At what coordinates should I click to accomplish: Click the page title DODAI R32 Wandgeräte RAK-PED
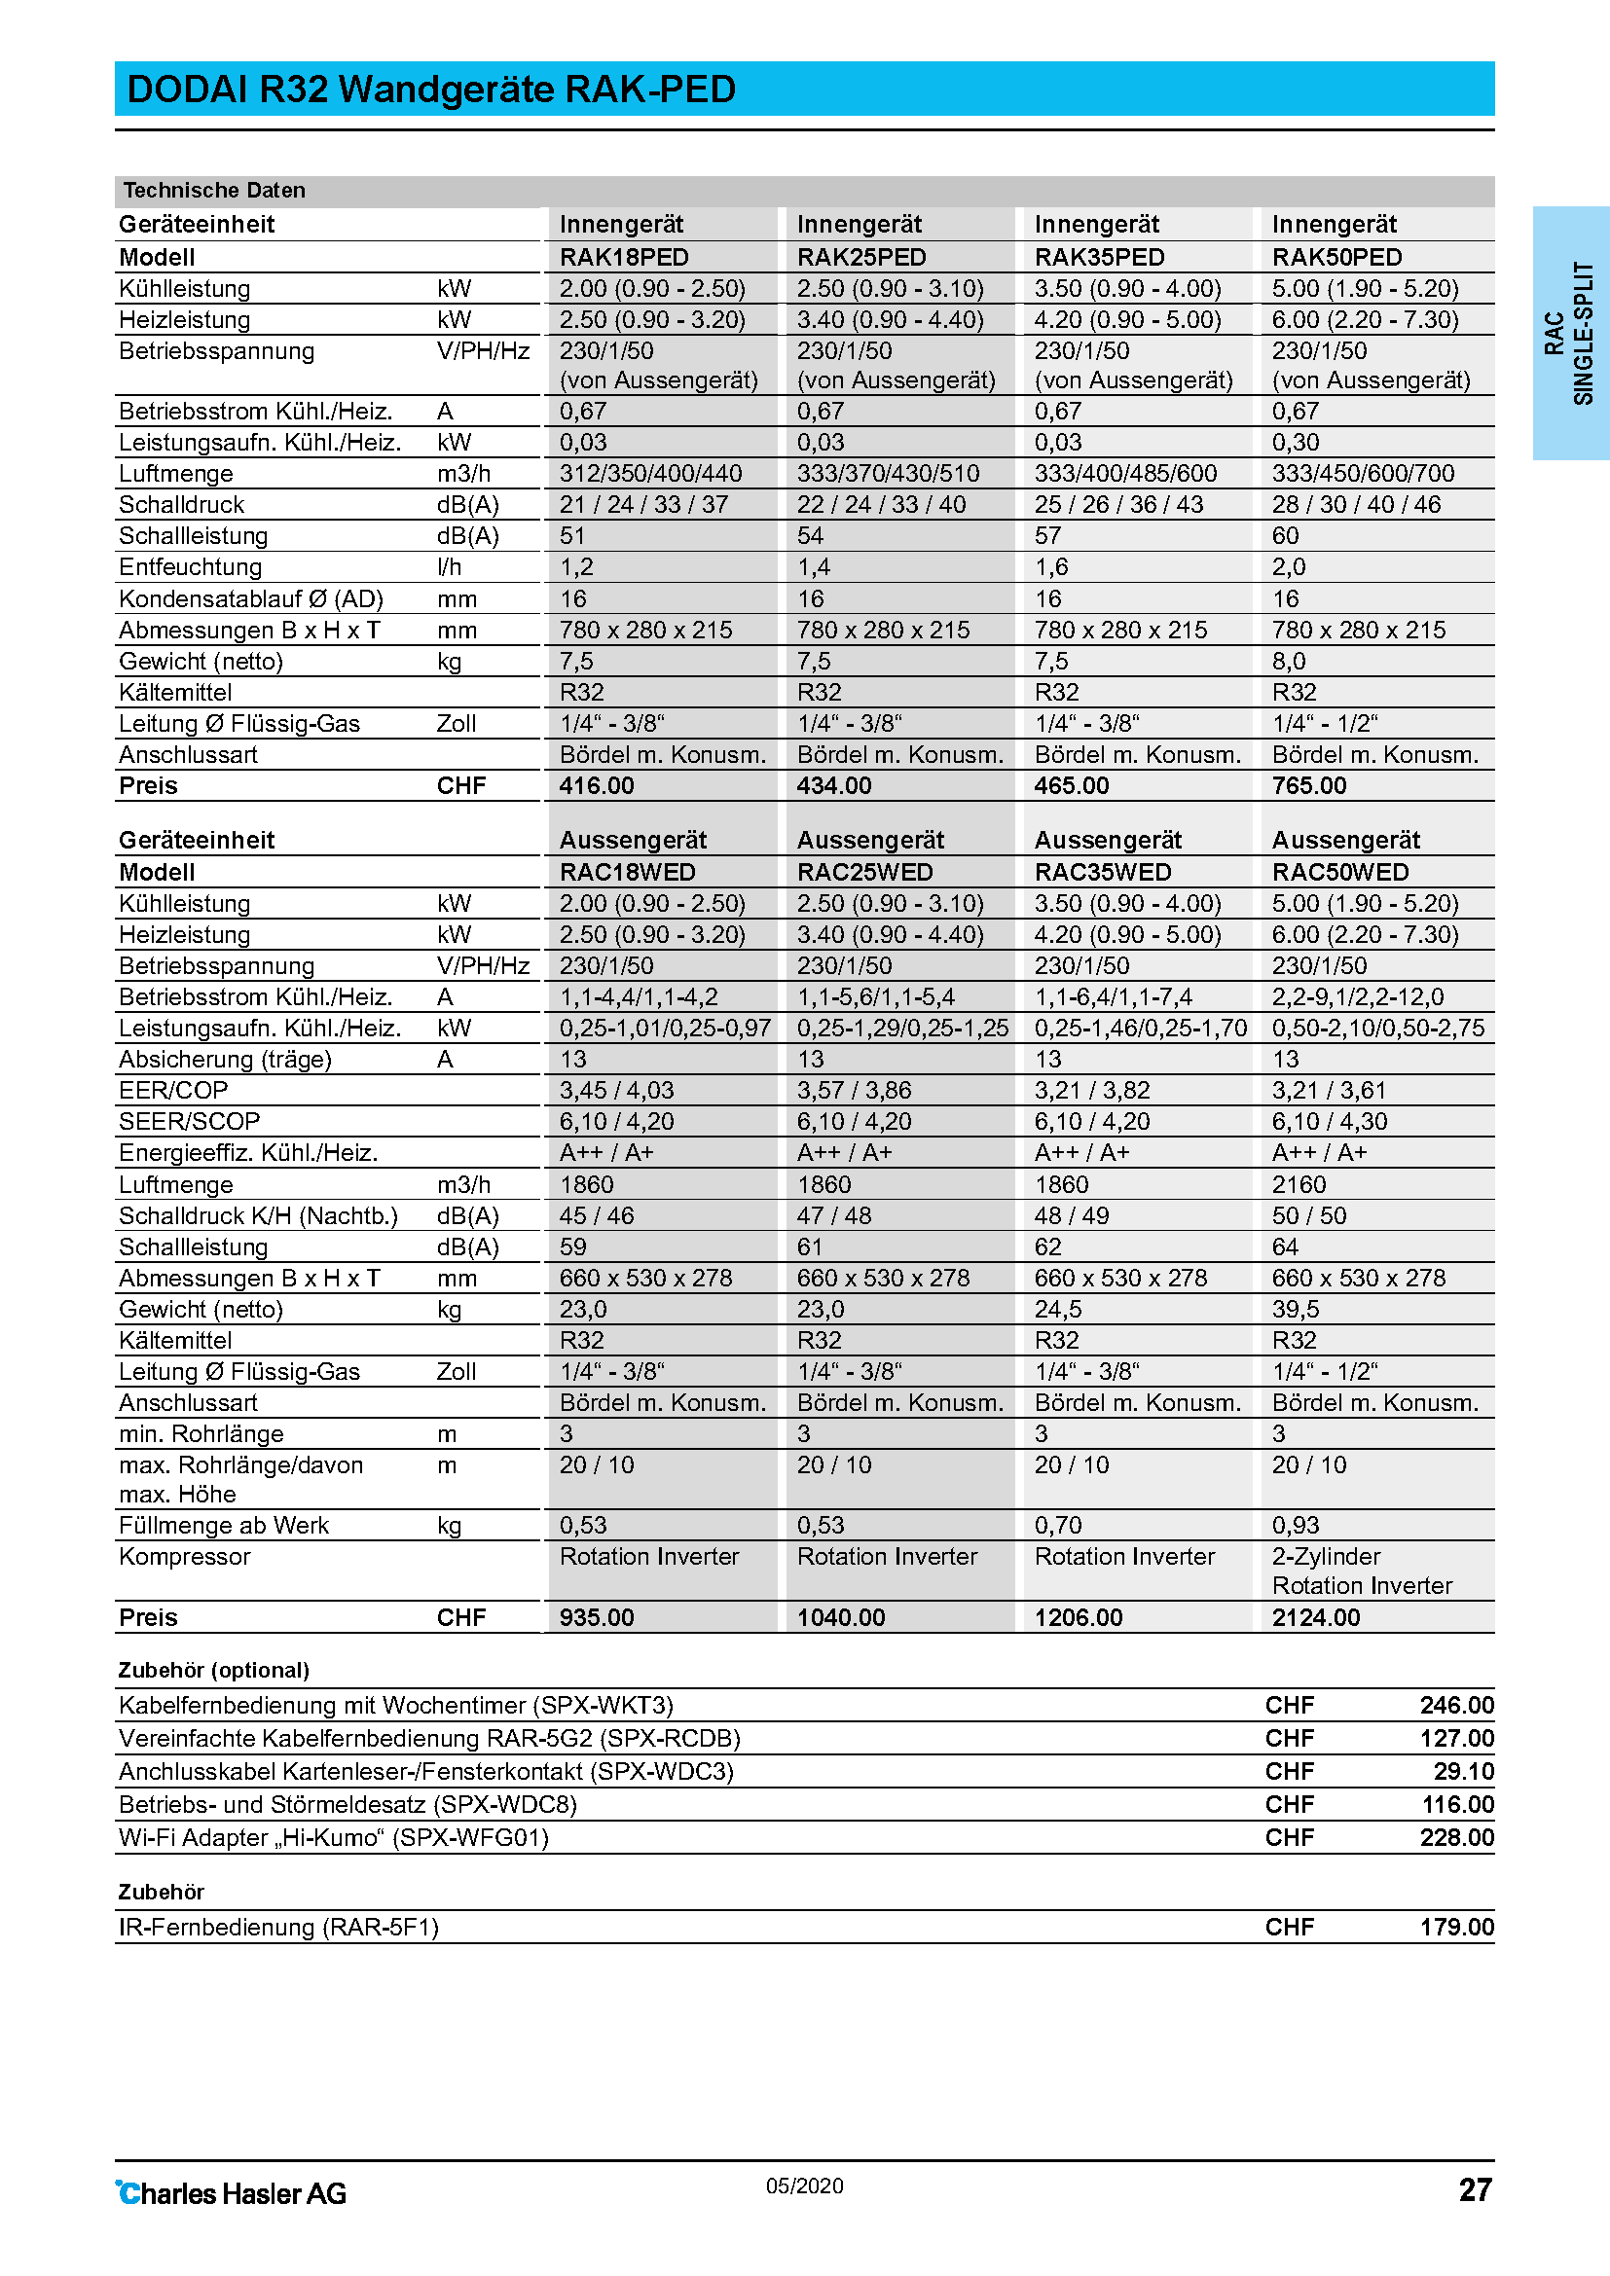(x=431, y=90)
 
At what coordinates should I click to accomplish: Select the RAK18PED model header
(x=624, y=258)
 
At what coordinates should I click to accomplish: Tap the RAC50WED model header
(x=1339, y=872)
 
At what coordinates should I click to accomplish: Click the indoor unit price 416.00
(x=596, y=786)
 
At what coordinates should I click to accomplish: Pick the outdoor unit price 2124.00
(x=1316, y=1618)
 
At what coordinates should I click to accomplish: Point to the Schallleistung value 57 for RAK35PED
(x=1048, y=536)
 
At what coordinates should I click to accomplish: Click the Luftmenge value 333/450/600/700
(x=1363, y=474)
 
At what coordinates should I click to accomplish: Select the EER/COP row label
(x=173, y=1091)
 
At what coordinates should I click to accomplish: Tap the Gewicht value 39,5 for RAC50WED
(x=1296, y=1310)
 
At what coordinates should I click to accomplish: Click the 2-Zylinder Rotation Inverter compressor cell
(x=1361, y=1572)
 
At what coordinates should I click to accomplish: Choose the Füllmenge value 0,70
(x=1058, y=1526)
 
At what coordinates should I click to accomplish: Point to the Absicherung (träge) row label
(x=225, y=1060)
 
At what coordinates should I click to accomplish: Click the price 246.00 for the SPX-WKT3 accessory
(x=1456, y=1705)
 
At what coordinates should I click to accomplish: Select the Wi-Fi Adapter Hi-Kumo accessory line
(x=333, y=1838)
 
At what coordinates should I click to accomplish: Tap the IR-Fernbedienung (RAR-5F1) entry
(x=278, y=1927)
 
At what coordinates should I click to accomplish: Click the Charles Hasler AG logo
(x=232, y=2193)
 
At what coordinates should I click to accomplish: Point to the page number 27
(x=1474, y=2189)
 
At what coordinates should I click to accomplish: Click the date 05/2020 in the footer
(x=804, y=2186)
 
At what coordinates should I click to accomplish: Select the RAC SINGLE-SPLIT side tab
(x=1569, y=333)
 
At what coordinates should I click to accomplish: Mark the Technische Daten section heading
(x=214, y=191)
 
